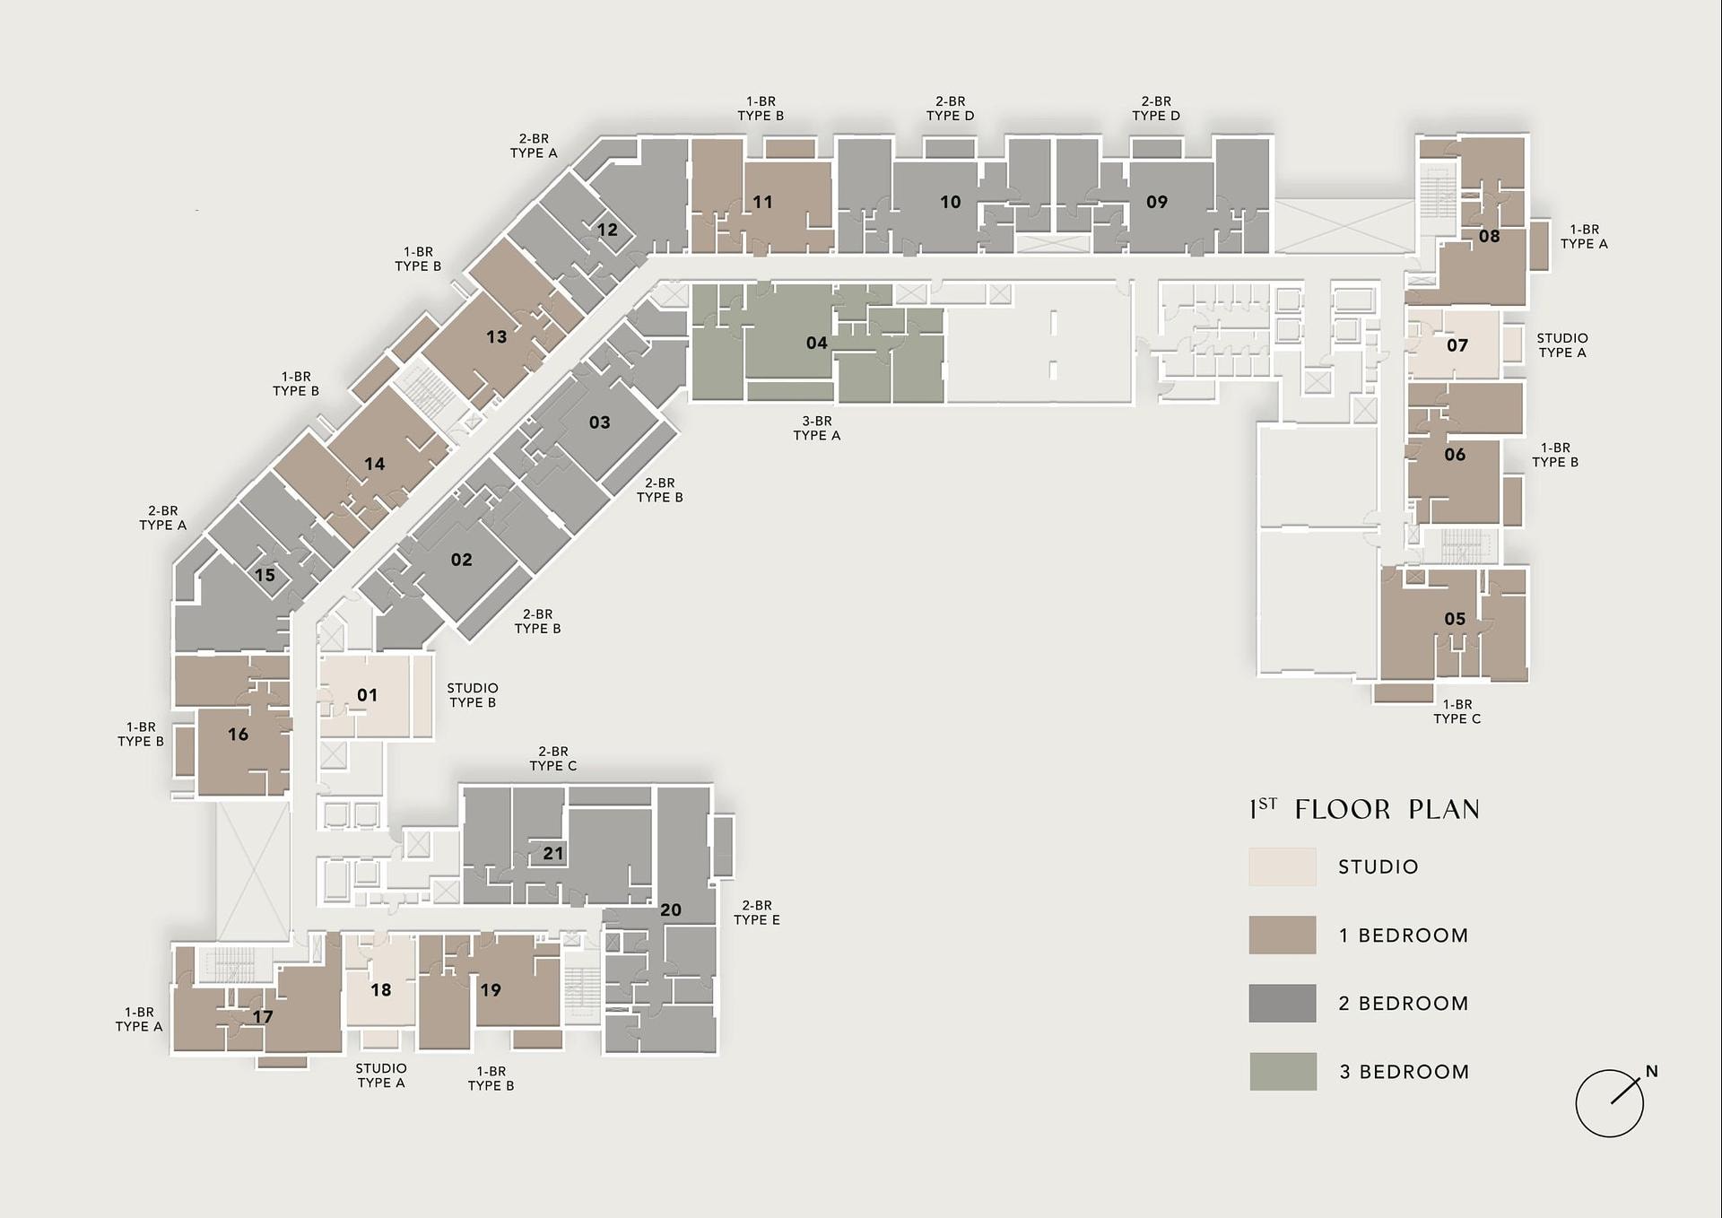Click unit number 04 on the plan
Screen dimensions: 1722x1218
coord(816,343)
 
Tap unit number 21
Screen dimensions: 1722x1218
coord(553,853)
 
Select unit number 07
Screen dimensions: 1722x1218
coord(1457,345)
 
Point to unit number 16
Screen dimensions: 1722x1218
coord(238,735)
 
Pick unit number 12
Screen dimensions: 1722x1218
coord(607,230)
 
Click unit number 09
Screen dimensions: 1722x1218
coord(1157,202)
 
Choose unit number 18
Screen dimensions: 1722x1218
coord(381,990)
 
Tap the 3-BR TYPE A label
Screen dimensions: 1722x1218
coord(817,428)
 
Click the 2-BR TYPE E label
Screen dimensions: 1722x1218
coord(757,913)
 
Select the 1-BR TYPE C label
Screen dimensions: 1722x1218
coord(1457,711)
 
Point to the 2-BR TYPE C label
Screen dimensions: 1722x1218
coord(553,759)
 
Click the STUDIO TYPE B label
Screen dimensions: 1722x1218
coord(473,695)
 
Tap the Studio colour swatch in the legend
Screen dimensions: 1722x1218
coord(1283,866)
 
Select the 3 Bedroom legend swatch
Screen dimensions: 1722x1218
coord(1283,1071)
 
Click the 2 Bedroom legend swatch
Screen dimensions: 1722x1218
coord(1283,1003)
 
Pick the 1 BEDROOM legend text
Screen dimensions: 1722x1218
coord(1404,935)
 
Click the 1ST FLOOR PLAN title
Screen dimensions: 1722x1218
coord(1364,809)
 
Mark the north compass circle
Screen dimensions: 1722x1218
coord(1610,1103)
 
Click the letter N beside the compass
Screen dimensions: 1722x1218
coord(1652,1071)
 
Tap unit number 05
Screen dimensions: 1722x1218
coord(1455,619)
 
